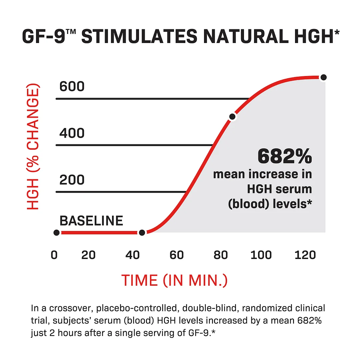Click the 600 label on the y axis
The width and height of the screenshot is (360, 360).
tap(72, 87)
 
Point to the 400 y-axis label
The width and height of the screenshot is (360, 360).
tap(72, 133)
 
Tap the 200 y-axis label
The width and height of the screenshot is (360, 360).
tap(72, 180)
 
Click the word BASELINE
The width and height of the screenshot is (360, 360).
tap(91, 221)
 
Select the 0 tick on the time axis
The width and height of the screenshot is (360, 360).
tap(54, 255)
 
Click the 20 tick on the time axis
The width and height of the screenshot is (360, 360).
tap(88, 255)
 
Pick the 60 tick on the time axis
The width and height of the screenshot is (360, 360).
tap(177, 255)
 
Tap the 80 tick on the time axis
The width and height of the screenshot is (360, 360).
tap(221, 255)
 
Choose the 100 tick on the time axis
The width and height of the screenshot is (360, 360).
tap(261, 255)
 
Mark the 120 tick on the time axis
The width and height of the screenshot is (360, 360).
tap(305, 255)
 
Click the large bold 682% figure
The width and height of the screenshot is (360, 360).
tap(285, 157)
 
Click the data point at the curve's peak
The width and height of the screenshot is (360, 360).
tap(323, 77)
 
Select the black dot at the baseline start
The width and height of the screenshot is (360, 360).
tap(56, 232)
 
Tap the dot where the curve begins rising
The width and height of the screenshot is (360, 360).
tap(142, 232)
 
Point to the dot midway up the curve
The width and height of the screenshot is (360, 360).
tap(232, 116)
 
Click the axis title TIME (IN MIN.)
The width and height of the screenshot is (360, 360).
tap(174, 280)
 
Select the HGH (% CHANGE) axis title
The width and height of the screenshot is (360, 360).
tap(33, 149)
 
